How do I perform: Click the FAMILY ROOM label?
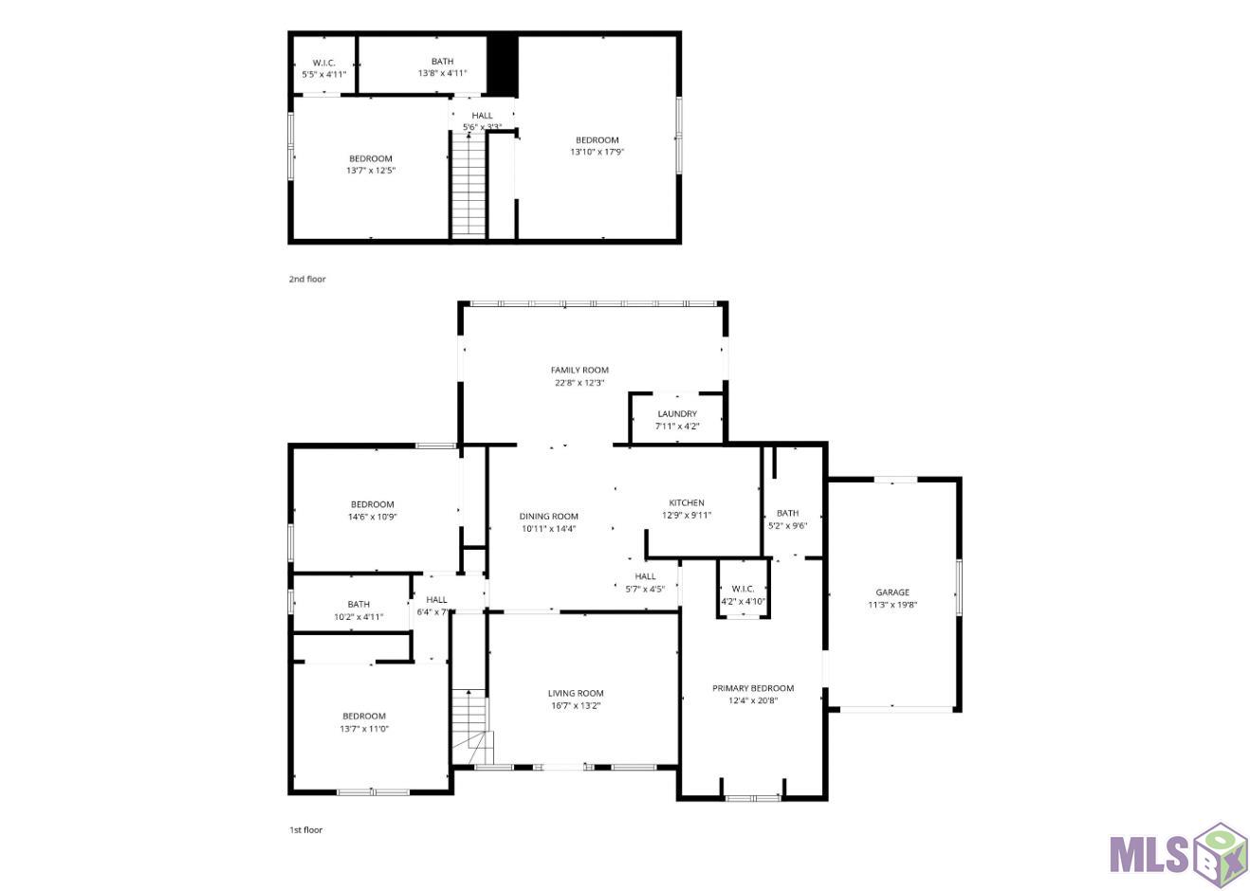579,370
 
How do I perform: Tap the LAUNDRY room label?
677,413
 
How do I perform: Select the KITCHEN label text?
687,502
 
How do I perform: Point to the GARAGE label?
892,592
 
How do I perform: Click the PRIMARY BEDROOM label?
753,688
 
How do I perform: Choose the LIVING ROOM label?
576,693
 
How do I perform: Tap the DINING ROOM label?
548,517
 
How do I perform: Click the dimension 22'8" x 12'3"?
579,383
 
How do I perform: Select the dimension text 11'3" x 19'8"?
892,605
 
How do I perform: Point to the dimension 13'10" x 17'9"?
597,152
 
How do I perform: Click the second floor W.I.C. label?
323,63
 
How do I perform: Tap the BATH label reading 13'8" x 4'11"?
442,62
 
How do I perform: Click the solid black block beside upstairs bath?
503,65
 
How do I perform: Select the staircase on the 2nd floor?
469,185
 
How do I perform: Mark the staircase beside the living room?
472,726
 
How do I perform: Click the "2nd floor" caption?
307,279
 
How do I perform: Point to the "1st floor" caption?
305,829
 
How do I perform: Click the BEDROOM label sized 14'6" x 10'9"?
372,504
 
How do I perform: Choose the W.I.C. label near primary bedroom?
743,589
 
